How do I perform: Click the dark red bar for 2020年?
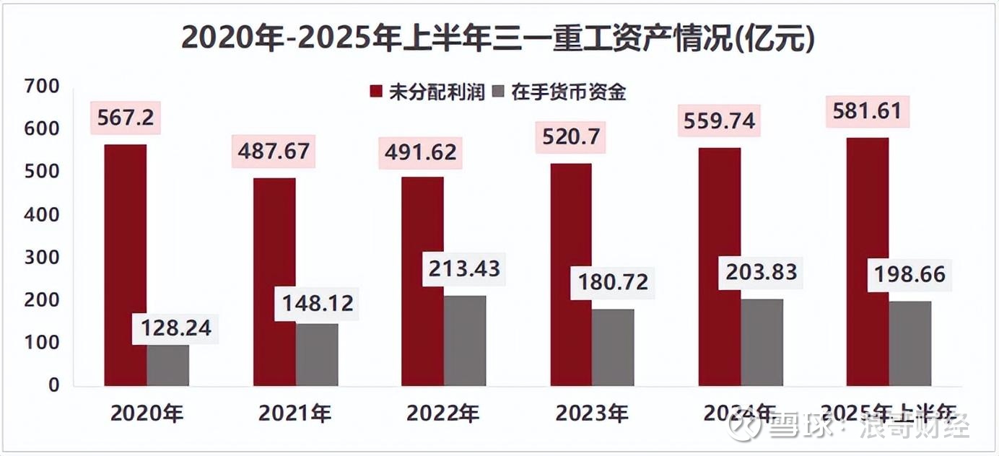126,265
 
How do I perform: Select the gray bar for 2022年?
465,341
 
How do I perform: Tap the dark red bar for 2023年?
570,274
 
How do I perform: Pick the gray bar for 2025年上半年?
909,343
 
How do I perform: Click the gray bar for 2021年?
317,354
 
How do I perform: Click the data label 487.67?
274,152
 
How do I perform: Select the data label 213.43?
464,268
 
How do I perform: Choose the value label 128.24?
172,328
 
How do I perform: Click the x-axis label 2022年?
443,413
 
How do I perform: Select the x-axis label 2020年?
147,413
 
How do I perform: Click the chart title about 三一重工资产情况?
498,38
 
